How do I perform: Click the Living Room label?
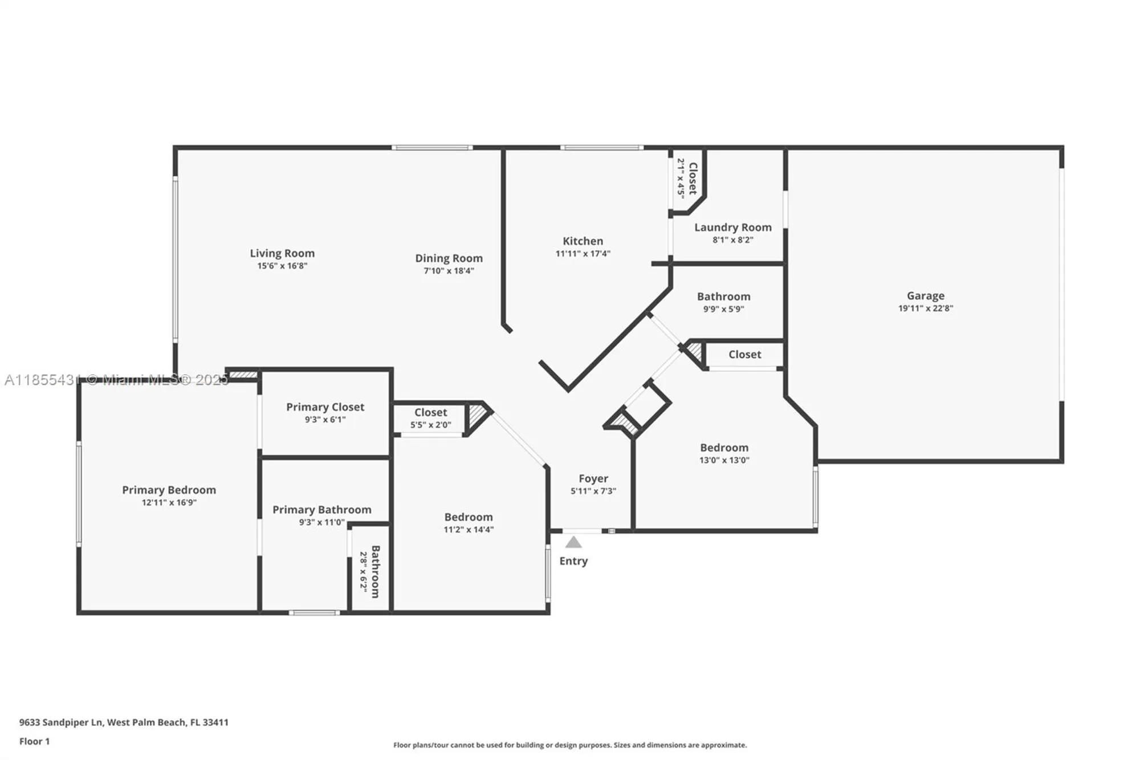pyautogui.click(x=282, y=253)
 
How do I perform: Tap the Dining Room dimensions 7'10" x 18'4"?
pyautogui.click(x=449, y=271)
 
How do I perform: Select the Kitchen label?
pyautogui.click(x=583, y=241)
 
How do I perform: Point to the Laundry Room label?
pyautogui.click(x=732, y=227)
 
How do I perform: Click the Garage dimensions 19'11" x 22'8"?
pyautogui.click(x=925, y=308)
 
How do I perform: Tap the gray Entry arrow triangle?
pyautogui.click(x=573, y=543)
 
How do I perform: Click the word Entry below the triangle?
pyautogui.click(x=573, y=561)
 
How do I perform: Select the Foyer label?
pyautogui.click(x=593, y=479)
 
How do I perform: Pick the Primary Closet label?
pyautogui.click(x=325, y=407)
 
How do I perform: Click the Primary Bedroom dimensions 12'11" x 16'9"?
pyautogui.click(x=169, y=503)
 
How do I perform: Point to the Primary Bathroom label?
pyautogui.click(x=321, y=510)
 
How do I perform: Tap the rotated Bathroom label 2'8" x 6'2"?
pyautogui.click(x=370, y=571)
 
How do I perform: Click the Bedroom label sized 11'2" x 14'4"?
pyautogui.click(x=469, y=517)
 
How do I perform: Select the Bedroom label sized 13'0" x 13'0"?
pyautogui.click(x=724, y=448)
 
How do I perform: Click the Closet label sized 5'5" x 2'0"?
pyautogui.click(x=430, y=412)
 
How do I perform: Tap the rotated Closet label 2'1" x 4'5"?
pyautogui.click(x=687, y=178)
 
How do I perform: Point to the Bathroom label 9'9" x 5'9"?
pyautogui.click(x=723, y=296)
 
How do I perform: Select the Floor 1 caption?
pyautogui.click(x=34, y=741)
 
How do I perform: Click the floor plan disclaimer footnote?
pyautogui.click(x=569, y=745)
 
